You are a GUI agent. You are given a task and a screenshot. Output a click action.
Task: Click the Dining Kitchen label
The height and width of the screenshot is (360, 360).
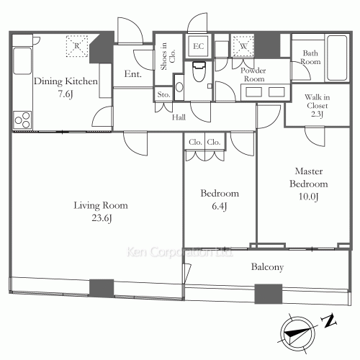click(66, 81)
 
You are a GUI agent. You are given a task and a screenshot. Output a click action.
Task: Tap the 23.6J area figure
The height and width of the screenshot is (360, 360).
click(102, 218)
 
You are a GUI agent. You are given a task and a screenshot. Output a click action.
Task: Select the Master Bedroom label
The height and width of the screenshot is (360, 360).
click(309, 177)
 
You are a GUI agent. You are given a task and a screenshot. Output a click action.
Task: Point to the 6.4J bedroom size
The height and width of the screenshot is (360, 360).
click(220, 206)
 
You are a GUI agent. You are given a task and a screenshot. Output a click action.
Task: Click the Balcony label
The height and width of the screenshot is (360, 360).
click(267, 267)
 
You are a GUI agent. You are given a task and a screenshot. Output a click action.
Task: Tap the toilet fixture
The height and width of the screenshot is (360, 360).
click(199, 71)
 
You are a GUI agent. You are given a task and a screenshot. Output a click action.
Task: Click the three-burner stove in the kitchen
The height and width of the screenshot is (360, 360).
click(22, 120)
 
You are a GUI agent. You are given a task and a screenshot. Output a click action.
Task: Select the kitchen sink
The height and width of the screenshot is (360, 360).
click(22, 61)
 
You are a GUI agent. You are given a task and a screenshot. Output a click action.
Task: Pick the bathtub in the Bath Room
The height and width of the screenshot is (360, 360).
click(337, 58)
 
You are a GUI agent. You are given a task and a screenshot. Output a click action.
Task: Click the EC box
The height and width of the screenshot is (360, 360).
click(198, 46)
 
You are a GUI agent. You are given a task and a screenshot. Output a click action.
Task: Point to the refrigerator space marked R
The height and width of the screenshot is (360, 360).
click(77, 46)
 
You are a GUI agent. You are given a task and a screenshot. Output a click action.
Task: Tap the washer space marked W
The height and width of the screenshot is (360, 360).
click(243, 46)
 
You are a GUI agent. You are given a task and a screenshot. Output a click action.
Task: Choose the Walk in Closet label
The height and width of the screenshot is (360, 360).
click(317, 105)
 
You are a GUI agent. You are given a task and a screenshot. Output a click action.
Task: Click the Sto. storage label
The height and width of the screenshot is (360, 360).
click(163, 94)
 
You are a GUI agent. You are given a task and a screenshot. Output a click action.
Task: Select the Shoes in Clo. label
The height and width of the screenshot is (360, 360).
click(168, 56)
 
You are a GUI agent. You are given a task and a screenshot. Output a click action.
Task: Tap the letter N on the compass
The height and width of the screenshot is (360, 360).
click(329, 320)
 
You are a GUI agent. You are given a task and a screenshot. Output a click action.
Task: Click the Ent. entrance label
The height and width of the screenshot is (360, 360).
click(132, 73)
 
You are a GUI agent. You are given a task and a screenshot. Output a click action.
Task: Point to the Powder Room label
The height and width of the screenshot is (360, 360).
click(253, 74)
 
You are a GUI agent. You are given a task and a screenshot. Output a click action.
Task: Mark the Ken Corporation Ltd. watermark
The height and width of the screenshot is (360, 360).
click(179, 252)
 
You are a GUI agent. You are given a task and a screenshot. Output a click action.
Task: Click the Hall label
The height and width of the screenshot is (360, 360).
click(179, 117)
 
